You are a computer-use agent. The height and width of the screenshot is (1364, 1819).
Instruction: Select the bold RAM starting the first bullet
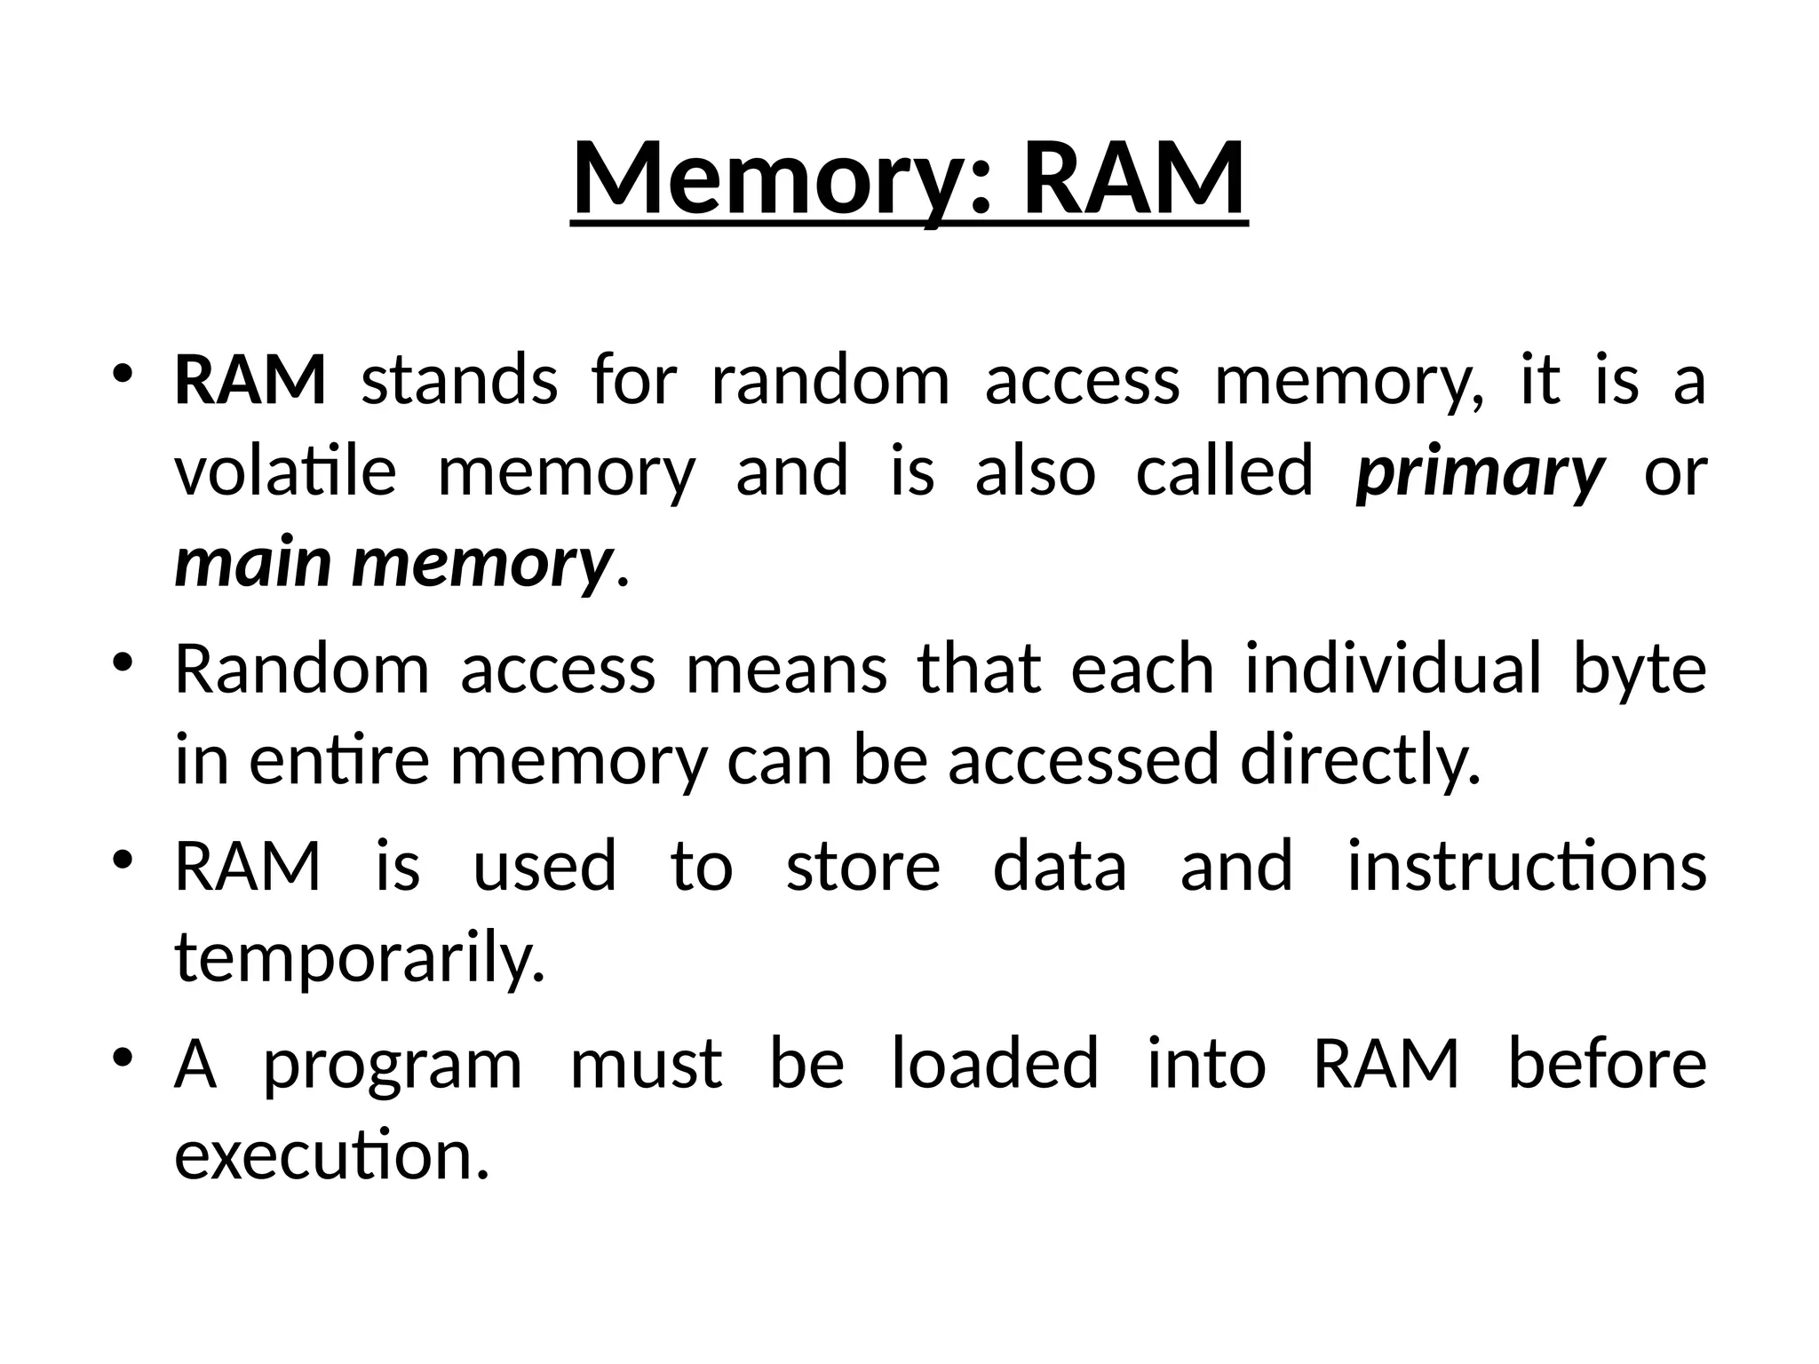point(250,380)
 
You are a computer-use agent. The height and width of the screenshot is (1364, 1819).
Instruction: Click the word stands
point(459,380)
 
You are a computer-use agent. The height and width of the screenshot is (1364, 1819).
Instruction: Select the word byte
point(1640,670)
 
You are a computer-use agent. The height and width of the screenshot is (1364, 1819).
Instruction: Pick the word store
point(862,867)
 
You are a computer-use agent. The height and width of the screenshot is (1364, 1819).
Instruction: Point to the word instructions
point(1527,867)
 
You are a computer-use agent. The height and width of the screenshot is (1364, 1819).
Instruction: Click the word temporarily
point(360,959)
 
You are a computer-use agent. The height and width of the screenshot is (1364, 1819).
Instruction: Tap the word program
point(393,1066)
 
